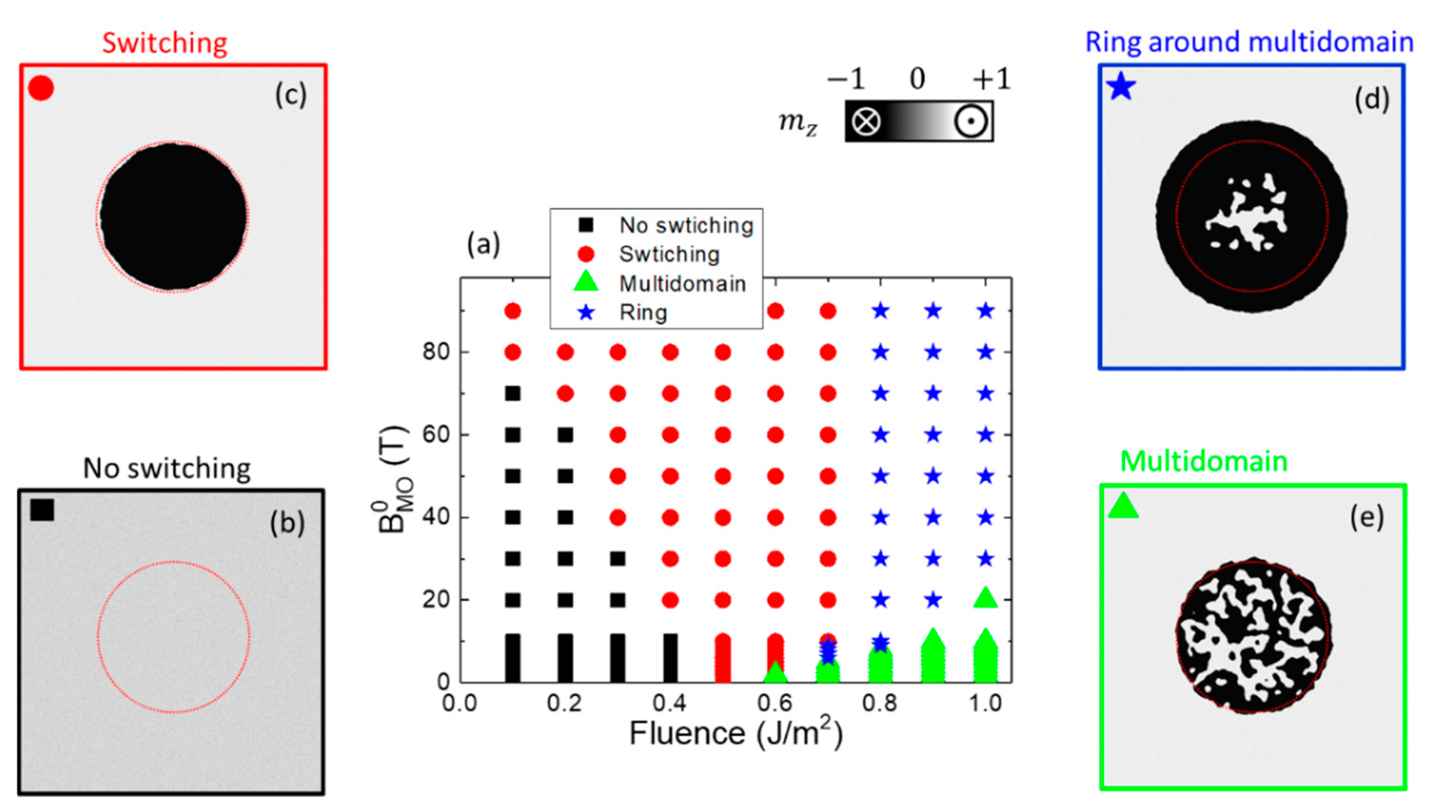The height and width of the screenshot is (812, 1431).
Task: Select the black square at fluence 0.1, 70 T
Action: point(513,394)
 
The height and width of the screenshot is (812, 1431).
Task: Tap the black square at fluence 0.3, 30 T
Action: point(617,559)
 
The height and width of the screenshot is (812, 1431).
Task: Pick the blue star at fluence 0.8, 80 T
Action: point(881,352)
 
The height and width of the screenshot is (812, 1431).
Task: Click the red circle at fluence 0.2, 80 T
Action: point(565,352)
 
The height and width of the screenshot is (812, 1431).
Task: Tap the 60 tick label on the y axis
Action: point(436,434)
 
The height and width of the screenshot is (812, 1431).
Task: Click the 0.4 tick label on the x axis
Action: point(670,703)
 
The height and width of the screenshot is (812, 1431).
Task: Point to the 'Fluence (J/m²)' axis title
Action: point(736,733)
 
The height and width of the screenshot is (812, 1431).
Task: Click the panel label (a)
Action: point(484,244)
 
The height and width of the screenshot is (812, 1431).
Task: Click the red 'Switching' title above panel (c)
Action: point(165,43)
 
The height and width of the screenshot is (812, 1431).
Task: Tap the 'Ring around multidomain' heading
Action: point(1249,42)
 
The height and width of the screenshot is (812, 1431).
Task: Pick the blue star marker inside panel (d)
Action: point(1121,88)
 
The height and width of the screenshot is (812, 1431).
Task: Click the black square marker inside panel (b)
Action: point(42,510)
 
